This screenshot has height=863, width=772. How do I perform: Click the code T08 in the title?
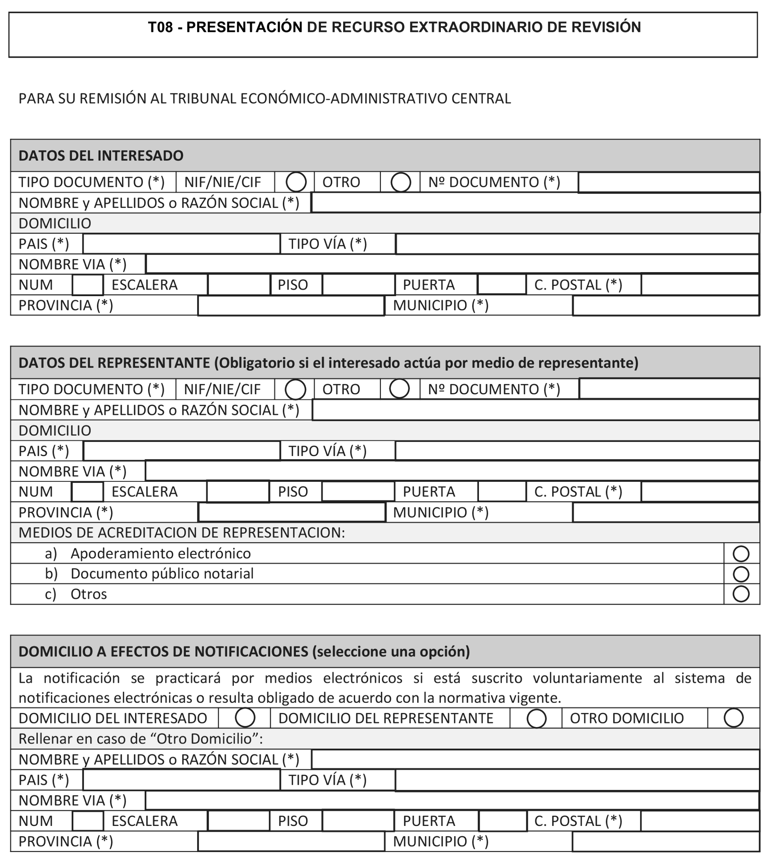(161, 27)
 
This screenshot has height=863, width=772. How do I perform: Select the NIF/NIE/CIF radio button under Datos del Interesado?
(296, 182)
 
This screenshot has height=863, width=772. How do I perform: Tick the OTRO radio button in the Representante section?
(399, 389)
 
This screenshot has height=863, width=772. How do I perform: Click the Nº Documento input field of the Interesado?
(668, 182)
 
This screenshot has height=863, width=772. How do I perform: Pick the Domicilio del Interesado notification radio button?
(245, 718)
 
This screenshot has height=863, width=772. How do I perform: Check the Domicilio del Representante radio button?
(536, 719)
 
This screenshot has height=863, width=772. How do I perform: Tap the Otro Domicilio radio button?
(734, 718)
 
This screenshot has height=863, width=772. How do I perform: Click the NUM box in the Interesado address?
(88, 285)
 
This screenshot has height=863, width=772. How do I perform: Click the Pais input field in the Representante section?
(182, 451)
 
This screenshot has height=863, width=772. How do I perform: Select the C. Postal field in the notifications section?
(699, 821)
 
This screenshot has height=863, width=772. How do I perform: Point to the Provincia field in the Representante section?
(292, 513)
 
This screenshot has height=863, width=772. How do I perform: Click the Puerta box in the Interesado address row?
(502, 285)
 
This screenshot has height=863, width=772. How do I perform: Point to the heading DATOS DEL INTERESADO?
(101, 156)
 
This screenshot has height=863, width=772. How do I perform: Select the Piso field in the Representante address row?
(358, 492)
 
